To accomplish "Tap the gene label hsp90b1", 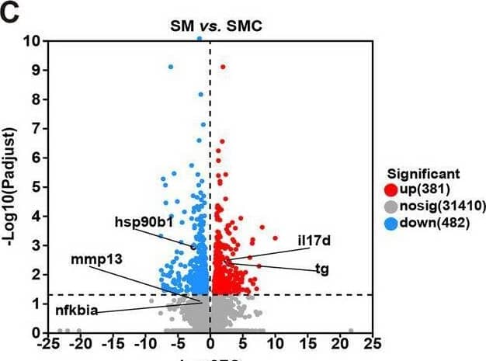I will tap(143, 221).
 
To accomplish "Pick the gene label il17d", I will tap(314, 241).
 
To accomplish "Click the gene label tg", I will tap(321, 269).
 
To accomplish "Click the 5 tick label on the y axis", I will tap(36, 186).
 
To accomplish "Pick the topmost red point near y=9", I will tap(223, 67).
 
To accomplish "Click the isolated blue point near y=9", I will tap(171, 67).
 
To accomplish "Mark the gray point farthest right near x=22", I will tap(351, 329).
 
